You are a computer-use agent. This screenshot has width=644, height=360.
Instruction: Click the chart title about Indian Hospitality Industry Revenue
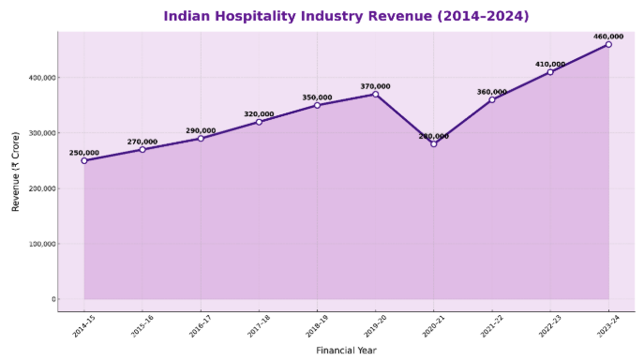[346, 16]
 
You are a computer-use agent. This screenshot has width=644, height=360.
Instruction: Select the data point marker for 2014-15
[84, 160]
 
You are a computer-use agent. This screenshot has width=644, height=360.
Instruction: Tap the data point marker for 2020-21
[434, 143]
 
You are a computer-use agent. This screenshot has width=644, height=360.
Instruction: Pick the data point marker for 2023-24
[608, 44]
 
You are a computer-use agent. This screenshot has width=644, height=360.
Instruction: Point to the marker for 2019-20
[376, 94]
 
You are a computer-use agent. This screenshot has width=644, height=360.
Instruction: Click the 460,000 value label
[608, 37]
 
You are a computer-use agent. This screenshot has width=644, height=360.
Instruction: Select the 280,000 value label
[434, 136]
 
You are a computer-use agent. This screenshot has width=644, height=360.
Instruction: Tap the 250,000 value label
[84, 153]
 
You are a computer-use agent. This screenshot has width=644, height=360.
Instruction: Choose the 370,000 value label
[376, 86]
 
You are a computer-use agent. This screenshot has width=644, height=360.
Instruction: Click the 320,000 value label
[259, 114]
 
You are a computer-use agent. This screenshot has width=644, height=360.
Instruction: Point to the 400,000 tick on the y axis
[40, 78]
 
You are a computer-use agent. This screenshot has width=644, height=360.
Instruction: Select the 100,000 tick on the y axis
[40, 244]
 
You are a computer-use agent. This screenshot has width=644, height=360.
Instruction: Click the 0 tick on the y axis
[53, 300]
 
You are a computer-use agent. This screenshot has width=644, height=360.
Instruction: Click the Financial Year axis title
[346, 351]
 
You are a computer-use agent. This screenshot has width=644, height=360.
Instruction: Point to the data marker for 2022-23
[550, 72]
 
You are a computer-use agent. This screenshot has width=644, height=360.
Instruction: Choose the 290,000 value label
[201, 130]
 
